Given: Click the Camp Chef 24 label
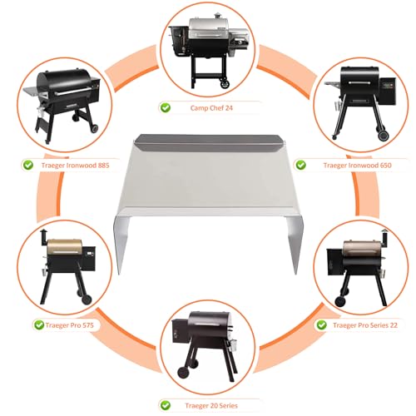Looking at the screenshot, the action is coord(211,108).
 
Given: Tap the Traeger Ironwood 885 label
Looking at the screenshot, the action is coord(75,166).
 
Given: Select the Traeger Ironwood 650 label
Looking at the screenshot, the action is coord(357,166).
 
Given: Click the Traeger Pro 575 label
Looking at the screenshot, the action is coord(69,324).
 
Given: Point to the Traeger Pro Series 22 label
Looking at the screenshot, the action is coord(365,324).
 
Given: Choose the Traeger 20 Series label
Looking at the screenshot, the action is coord(211,405).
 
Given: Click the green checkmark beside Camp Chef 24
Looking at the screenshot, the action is coord(166,107).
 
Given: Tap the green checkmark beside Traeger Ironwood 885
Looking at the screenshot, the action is coord(28,165).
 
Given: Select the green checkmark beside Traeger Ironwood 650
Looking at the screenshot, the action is coord(300,165).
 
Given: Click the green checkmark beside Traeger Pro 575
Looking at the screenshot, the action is coord(39,324).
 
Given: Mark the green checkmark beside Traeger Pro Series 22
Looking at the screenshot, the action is coord(321,324).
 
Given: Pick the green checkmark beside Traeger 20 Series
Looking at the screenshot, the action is coord(166,405).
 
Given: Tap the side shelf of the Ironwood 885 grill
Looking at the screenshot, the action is coord(33,91).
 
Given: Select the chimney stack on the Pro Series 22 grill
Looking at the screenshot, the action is coord(384,237).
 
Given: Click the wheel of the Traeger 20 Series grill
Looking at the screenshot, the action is coord(184,372).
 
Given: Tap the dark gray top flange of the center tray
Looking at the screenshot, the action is coord(211,142).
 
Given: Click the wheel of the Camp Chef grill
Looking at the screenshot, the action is coord(225,83).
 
